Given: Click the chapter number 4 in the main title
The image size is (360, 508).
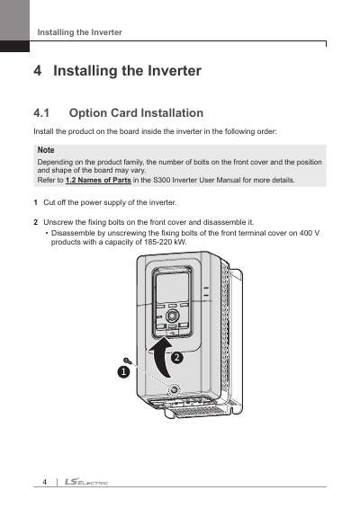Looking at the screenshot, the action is coord(38,71).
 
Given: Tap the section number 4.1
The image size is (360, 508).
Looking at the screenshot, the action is coord(41,113).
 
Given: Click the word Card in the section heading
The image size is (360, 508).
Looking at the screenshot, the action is coord(123,113).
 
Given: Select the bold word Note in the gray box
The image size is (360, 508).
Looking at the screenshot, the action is coord(46,150).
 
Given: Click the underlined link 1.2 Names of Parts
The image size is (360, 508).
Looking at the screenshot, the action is coord(98,180).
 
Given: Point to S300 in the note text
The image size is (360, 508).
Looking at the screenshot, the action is coord(161,180).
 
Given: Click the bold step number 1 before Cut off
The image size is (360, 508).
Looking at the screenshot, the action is coord(35,202).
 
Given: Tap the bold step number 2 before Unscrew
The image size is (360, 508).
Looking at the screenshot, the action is coord(36,222).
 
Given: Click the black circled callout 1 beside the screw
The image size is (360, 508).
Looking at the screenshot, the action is coord(123,371).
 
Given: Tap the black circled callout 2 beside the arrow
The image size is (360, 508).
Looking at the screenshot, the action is coord(177,358).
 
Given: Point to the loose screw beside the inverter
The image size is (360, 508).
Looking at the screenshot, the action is coord(127,360).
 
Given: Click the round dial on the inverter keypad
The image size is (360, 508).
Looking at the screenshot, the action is coord(172,316).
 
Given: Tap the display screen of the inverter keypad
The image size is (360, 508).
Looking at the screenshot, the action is coord(172,287).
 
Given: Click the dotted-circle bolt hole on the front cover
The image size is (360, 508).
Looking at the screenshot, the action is coord(175,389).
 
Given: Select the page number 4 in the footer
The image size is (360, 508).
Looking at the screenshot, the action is coord(45,482).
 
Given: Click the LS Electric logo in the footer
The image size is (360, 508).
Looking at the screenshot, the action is coord(86,482).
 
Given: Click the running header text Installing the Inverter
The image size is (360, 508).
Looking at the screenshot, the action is coord(80,32).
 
